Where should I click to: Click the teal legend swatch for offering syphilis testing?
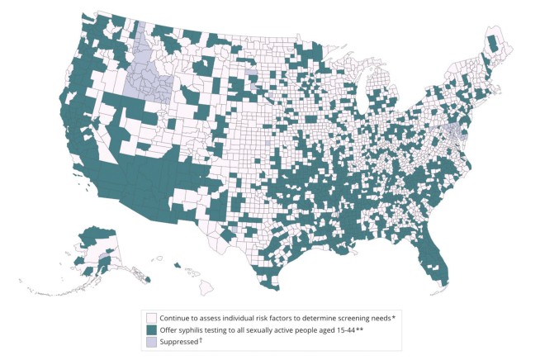152,329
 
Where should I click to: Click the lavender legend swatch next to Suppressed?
152,341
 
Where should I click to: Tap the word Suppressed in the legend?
182,341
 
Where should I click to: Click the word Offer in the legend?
170,329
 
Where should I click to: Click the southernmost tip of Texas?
270,290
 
